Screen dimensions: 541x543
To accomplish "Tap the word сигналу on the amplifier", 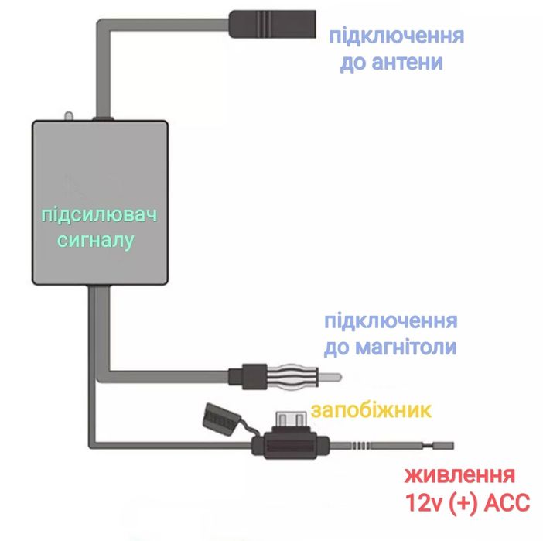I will [97, 241].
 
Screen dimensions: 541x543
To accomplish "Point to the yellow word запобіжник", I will [370, 409].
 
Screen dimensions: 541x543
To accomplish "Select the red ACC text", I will [502, 504].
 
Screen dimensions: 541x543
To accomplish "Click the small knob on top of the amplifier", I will [67, 115].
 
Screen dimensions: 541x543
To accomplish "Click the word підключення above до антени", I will [396, 36].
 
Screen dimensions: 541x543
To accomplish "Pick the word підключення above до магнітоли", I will [391, 321].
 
